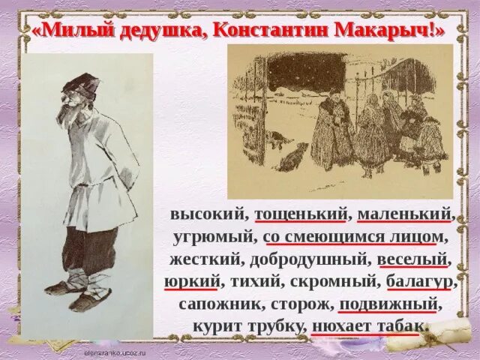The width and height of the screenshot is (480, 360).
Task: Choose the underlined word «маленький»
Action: point(405,213)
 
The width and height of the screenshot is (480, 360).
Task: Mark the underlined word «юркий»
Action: point(191,282)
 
